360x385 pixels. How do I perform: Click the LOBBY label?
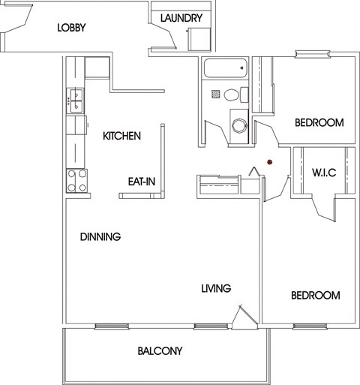coord(71,29)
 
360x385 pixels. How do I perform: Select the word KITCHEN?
coord(122,136)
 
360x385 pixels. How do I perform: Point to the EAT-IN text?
coord(141,181)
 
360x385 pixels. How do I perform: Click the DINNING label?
coord(100,236)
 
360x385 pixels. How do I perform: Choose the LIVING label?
coord(215,288)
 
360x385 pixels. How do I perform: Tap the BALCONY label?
coord(160,350)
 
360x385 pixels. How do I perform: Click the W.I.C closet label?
coord(323,173)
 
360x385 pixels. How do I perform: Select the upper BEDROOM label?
coord(319,123)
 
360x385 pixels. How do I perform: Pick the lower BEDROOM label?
coord(316,296)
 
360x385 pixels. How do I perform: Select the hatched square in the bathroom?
coord(215,95)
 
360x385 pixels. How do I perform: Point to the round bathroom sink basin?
coord(238,125)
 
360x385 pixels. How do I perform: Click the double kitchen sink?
coord(76,101)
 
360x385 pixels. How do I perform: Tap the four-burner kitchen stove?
coord(76,179)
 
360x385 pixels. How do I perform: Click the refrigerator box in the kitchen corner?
coord(97,67)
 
